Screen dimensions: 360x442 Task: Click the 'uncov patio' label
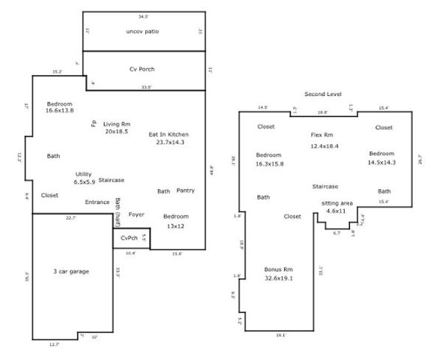(x=142, y=31)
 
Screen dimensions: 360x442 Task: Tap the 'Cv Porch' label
(x=142, y=70)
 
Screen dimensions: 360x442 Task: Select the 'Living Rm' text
(x=116, y=123)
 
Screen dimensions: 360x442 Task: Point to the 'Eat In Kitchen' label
(x=170, y=133)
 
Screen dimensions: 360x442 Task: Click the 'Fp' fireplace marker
(x=94, y=123)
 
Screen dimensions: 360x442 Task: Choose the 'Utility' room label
(x=83, y=174)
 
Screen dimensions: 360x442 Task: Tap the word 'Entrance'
(x=97, y=202)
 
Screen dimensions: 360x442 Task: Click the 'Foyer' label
(x=136, y=214)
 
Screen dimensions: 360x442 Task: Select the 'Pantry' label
(x=186, y=190)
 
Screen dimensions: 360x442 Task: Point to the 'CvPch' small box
(x=129, y=238)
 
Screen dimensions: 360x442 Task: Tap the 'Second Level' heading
(x=322, y=94)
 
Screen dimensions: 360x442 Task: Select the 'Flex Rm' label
(x=323, y=135)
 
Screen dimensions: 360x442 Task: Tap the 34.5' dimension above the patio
(x=142, y=15)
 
